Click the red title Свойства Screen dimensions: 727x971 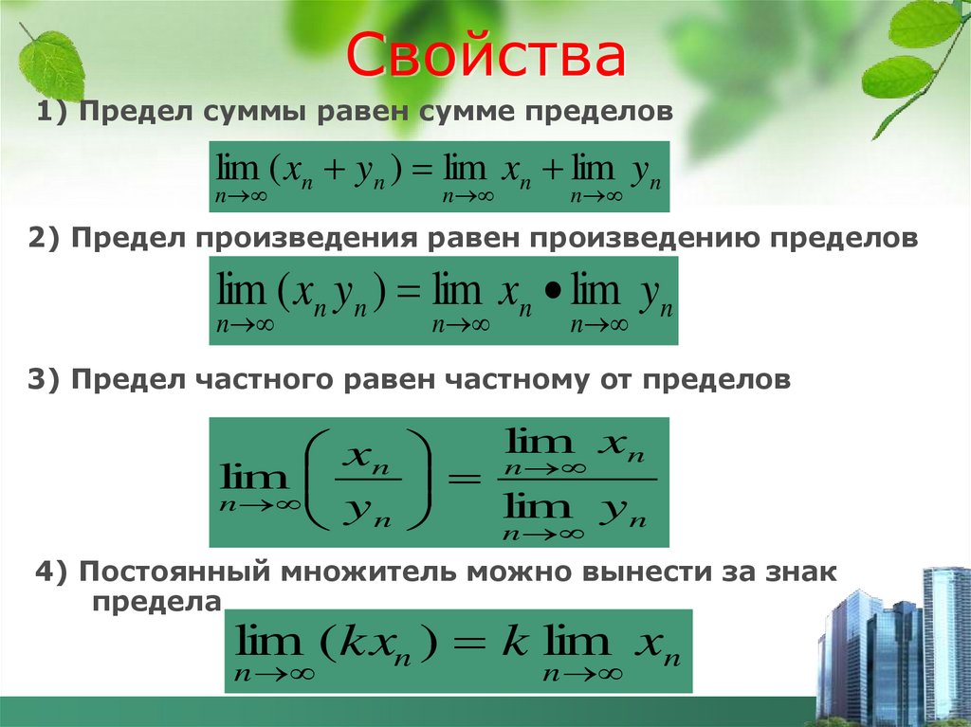pos(485,58)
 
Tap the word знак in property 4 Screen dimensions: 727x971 pos(797,573)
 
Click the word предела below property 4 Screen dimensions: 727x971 pos(156,602)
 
